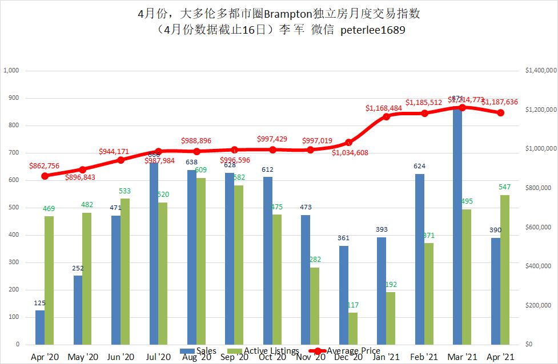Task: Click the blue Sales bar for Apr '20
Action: point(40,327)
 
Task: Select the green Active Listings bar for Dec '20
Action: point(353,329)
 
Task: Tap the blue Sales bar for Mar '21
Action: point(457,228)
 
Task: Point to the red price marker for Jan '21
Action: point(387,116)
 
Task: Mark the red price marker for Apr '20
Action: point(45,176)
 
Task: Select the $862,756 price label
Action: point(52,166)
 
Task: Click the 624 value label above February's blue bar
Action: point(419,167)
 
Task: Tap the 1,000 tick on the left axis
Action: point(11,71)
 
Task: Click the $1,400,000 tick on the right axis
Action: point(539,71)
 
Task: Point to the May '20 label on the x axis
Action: point(83,358)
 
